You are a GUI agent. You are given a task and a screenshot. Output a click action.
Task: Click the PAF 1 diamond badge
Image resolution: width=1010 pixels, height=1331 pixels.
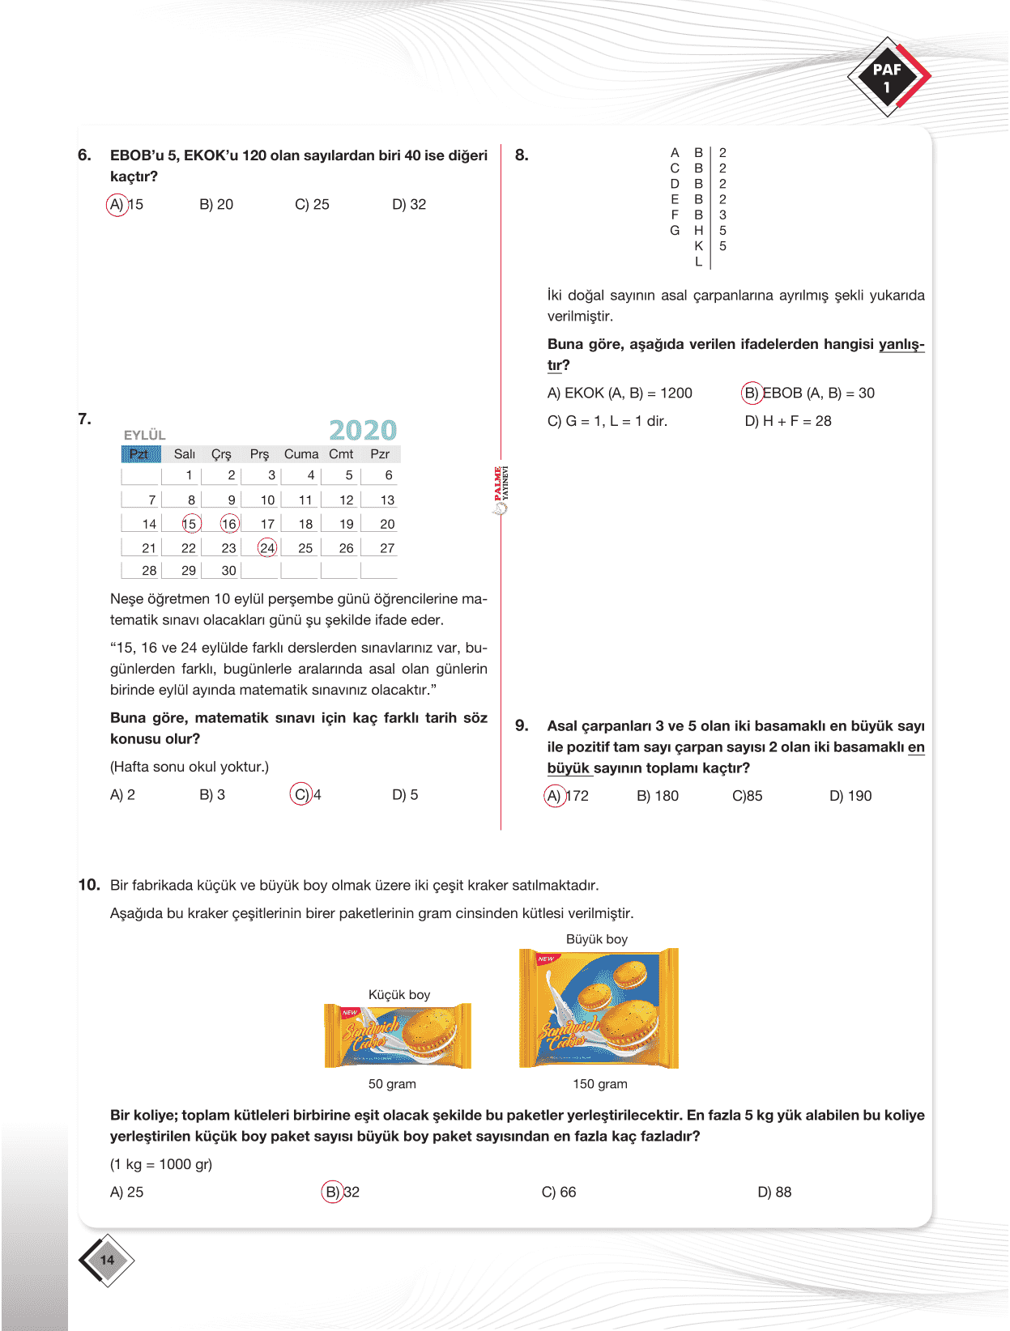coord(888,77)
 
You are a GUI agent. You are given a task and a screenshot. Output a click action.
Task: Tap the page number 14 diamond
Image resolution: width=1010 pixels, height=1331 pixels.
coord(107,1260)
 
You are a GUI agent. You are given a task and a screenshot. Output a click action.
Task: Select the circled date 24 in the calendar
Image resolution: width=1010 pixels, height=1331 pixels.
coord(267,548)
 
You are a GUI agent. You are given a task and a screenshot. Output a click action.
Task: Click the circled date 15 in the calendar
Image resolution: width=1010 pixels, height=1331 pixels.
coord(190,524)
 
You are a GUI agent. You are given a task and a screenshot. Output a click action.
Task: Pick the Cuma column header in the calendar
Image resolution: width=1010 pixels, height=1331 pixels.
coord(301,454)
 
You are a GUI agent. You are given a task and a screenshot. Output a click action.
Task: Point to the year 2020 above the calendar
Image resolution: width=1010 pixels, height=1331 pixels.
coord(363,430)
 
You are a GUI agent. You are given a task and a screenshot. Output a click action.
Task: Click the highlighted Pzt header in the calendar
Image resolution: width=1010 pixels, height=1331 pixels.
coord(139,454)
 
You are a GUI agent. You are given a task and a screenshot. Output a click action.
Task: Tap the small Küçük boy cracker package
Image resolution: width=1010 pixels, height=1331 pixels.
coord(397,1035)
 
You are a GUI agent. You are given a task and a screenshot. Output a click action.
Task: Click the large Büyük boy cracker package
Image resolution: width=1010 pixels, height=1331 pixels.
coord(599,1008)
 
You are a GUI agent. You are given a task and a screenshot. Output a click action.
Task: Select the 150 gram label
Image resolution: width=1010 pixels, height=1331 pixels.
coord(599,1084)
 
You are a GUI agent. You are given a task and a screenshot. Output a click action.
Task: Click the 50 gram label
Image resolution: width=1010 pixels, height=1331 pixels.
coord(392,1084)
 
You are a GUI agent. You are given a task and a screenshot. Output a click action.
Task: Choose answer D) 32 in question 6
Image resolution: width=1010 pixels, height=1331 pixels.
coord(409,205)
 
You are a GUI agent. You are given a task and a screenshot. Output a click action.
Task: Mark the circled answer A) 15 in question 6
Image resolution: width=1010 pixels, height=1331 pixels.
coord(126,205)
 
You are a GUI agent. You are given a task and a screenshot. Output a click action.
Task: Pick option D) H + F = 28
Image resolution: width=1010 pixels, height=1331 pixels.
coord(788,421)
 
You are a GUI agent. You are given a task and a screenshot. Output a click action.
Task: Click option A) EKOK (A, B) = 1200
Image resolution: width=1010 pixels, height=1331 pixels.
coord(620,393)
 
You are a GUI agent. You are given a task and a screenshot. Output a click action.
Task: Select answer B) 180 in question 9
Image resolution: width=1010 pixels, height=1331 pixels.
coord(658,796)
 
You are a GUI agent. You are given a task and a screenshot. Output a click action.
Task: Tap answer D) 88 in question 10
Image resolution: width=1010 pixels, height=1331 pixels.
coord(774,1192)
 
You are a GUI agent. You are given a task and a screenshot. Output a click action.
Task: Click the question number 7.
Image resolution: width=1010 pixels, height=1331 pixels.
coord(84,419)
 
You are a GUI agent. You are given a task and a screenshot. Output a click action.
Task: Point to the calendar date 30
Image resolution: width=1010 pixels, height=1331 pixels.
coord(229,571)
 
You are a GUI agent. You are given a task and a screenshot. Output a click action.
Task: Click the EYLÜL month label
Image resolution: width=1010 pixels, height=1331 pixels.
coord(144,435)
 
